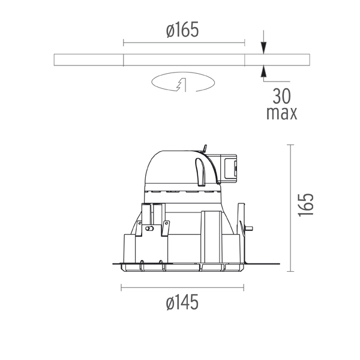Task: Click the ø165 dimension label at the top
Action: [182, 30]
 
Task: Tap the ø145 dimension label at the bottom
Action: [182, 302]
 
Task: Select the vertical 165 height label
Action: [305, 205]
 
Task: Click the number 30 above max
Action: [281, 96]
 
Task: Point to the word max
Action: [282, 113]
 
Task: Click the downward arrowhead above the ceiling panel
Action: [264, 48]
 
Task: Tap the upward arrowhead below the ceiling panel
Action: [264, 71]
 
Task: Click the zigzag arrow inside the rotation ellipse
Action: [181, 85]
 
